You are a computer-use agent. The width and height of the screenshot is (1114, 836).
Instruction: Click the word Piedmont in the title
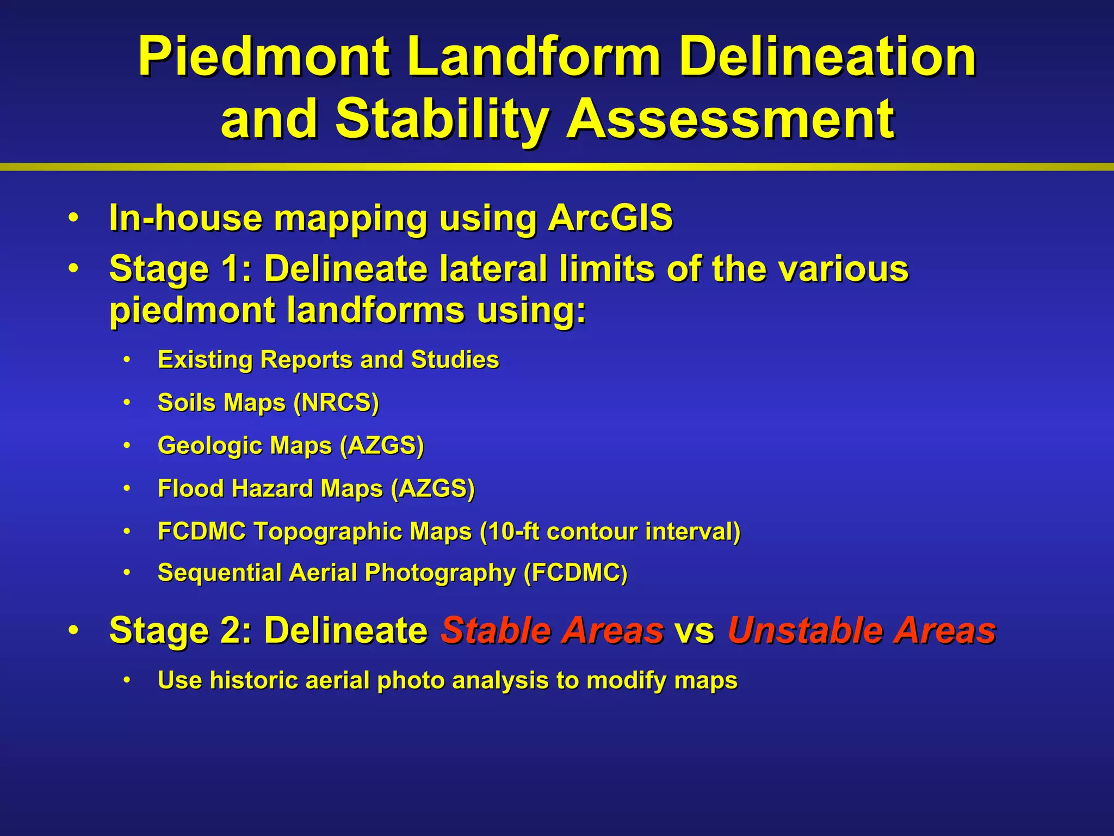[x=263, y=57]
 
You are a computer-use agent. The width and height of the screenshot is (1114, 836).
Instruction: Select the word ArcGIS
[x=610, y=218]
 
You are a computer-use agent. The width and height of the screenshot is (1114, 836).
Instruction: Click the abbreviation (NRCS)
[x=336, y=403]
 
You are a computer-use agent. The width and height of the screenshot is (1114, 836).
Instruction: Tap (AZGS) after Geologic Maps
[x=381, y=446]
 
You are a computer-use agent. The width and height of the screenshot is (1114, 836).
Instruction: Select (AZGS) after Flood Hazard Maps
[x=432, y=489]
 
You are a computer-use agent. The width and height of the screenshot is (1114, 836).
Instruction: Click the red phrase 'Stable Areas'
[x=552, y=630]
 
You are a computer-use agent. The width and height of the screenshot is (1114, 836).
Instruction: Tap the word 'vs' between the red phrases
[x=694, y=631]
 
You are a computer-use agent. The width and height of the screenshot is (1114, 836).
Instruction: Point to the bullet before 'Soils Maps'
[x=127, y=403]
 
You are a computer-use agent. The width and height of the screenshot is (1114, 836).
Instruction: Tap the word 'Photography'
[x=440, y=573]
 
